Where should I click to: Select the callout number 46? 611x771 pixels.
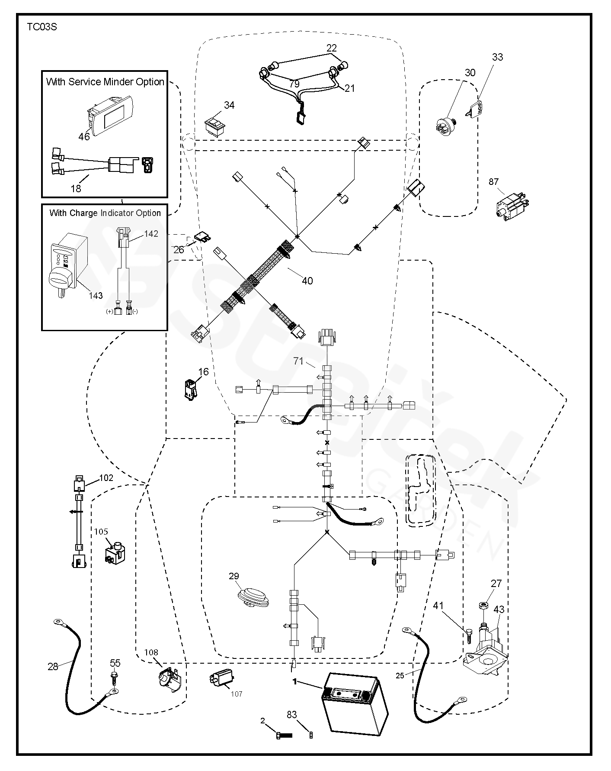[84, 136]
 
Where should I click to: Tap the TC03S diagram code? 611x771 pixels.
[42, 27]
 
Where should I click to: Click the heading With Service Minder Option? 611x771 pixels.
[105, 82]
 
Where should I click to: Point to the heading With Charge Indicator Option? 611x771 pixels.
[105, 213]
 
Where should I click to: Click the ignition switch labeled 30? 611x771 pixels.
[445, 125]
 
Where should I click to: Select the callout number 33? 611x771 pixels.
[497, 57]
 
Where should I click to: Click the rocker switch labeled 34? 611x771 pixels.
[214, 127]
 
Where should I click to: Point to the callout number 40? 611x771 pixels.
[307, 281]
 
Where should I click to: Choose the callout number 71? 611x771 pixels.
[298, 361]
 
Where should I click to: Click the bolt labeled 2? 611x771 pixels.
[284, 735]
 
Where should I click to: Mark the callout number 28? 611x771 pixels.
[53, 667]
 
